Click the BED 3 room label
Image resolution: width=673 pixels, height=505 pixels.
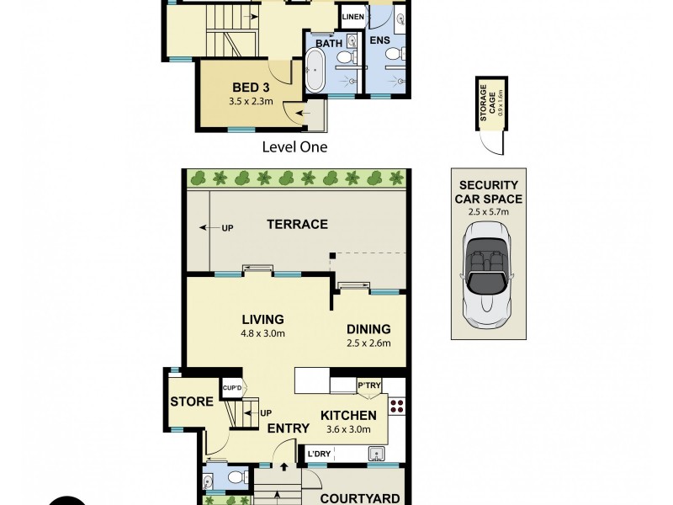click(x=251, y=87)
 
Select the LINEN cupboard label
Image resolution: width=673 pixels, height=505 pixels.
click(x=352, y=15)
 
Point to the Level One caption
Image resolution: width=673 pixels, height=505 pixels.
click(x=294, y=146)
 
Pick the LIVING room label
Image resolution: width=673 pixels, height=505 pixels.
click(x=262, y=319)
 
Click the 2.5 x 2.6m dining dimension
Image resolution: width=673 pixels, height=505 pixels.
click(x=368, y=343)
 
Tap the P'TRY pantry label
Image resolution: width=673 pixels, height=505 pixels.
click(x=370, y=385)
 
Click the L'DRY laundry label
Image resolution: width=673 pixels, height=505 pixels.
click(x=320, y=454)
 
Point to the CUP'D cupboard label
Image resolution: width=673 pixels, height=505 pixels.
click(x=232, y=387)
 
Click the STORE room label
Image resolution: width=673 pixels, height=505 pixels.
click(x=192, y=401)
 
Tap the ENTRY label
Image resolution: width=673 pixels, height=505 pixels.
click(x=288, y=428)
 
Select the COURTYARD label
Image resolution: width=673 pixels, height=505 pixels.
click(x=358, y=497)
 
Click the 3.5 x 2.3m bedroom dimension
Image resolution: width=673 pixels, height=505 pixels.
click(x=251, y=102)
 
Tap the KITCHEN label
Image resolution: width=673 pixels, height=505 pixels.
click(x=347, y=415)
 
